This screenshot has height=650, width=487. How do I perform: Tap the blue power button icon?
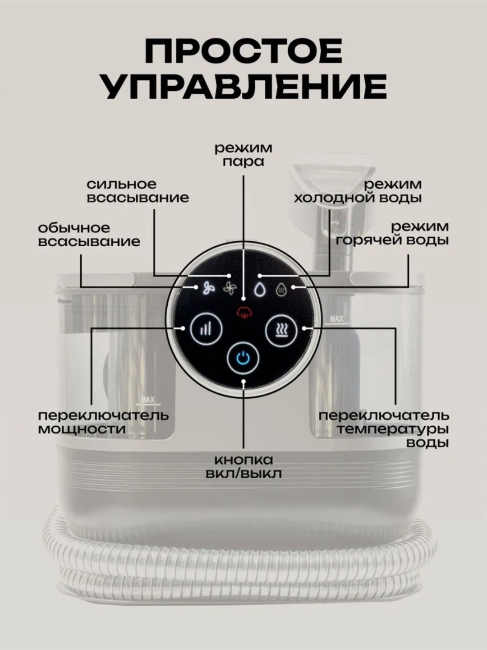point(243,359)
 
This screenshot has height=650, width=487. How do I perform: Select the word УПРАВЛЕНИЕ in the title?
point(243,88)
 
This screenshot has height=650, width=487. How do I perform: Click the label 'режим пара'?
point(243,155)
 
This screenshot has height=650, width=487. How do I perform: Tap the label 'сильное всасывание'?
point(138,191)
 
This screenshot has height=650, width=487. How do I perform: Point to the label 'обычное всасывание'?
point(89,235)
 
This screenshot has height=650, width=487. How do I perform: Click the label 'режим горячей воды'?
point(392,234)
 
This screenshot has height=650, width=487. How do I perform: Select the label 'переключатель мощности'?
point(103,423)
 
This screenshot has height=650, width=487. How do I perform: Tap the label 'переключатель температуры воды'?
point(384,429)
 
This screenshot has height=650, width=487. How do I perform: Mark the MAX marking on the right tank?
point(336,319)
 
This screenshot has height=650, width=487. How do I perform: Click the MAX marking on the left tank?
point(148,400)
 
